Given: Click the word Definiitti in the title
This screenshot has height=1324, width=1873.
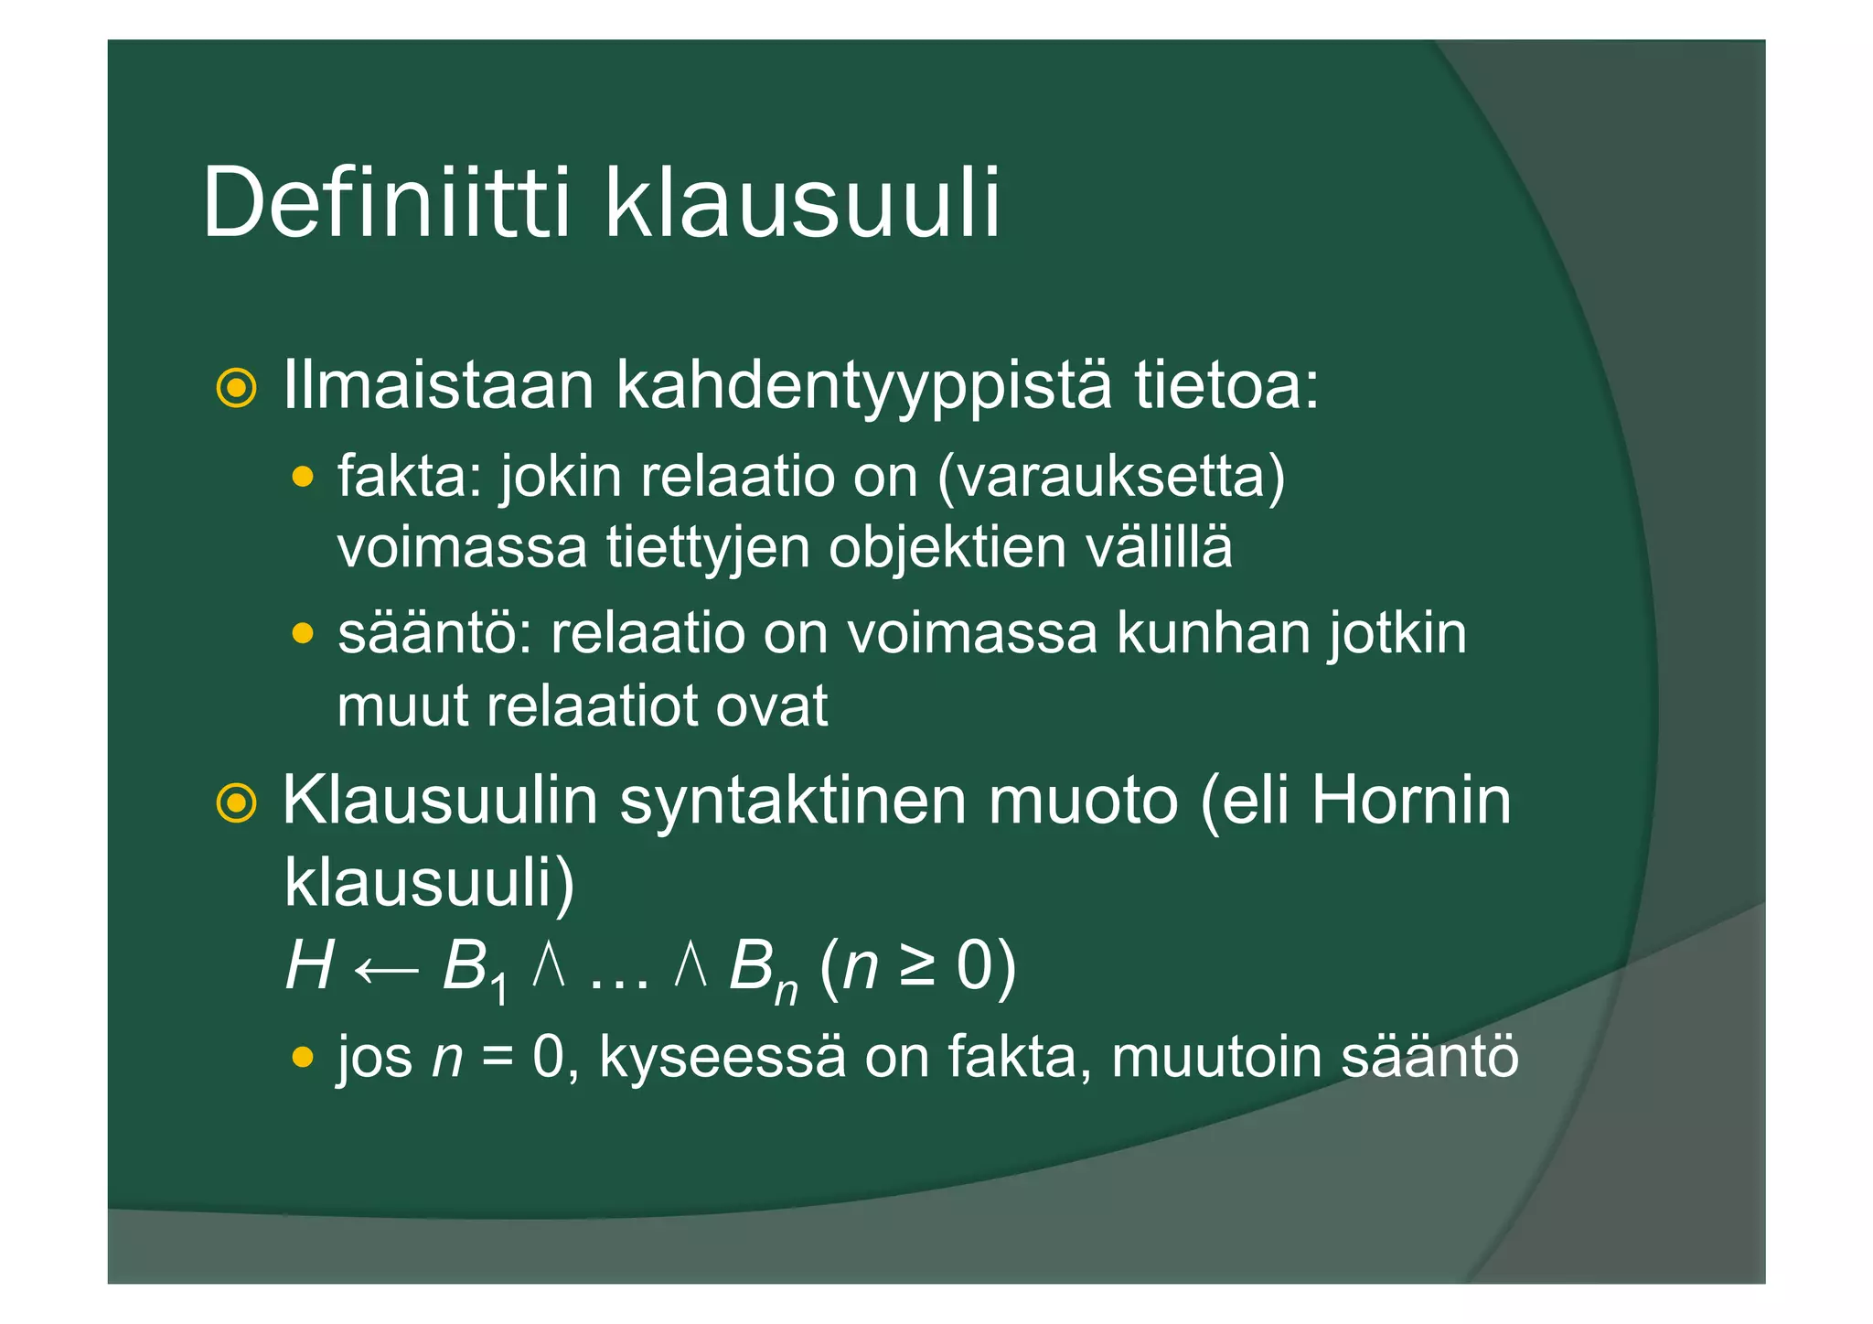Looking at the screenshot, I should (x=387, y=203).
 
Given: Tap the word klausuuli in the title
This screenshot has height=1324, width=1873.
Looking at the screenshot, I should (x=802, y=203).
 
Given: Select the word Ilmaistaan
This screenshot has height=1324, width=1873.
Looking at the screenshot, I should (x=439, y=385).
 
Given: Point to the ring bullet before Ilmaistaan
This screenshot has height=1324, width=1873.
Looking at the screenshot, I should (x=236, y=388).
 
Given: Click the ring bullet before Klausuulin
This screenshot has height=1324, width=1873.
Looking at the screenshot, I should (x=236, y=803).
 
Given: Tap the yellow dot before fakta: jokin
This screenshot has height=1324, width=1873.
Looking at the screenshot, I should (x=303, y=478).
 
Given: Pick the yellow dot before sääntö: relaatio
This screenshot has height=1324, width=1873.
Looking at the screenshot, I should (x=303, y=633).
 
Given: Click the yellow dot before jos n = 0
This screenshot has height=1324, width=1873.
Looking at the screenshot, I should (x=303, y=1058).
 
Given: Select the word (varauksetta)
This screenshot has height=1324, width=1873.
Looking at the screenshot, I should (x=1111, y=478).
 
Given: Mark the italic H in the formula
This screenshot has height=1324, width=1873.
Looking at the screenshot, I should (x=308, y=966).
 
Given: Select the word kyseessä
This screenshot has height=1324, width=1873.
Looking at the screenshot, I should (x=722, y=1058).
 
